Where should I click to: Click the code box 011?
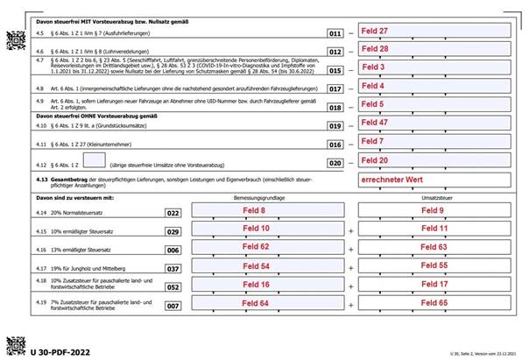pos(334,32)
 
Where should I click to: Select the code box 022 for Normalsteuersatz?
pos(173,212)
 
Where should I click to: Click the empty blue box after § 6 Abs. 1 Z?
pos(94,160)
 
